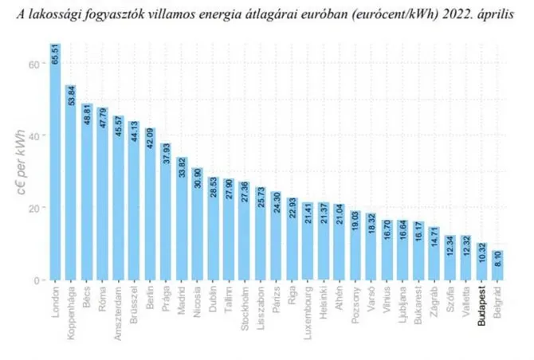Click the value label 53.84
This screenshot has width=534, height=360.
point(71,96)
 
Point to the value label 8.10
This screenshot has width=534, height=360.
point(498,260)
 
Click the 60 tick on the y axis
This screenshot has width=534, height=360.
point(35,63)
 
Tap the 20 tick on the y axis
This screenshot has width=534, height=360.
point(35,208)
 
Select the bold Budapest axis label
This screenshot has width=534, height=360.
point(482,305)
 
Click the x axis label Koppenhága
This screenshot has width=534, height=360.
point(72,311)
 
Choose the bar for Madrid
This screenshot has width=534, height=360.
point(182,218)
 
